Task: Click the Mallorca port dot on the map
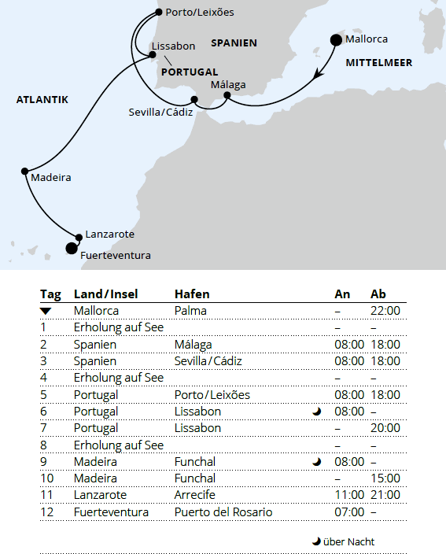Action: pyautogui.click(x=336, y=39)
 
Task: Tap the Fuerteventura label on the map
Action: pyautogui.click(x=116, y=255)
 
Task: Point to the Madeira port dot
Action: pyautogui.click(x=25, y=170)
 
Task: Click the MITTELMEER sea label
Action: pyautogui.click(x=378, y=61)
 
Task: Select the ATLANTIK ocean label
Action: pyautogui.click(x=42, y=100)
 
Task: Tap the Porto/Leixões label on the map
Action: pyautogui.click(x=200, y=13)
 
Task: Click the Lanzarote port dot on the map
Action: pyautogui.click(x=78, y=237)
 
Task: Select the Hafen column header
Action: pyautogui.click(x=192, y=294)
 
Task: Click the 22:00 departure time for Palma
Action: pyautogui.click(x=385, y=311)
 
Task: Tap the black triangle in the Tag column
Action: pyautogui.click(x=46, y=312)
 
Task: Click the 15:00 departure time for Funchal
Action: pyautogui.click(x=385, y=478)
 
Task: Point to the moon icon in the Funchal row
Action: pyautogui.click(x=317, y=462)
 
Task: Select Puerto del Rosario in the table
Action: pyautogui.click(x=223, y=512)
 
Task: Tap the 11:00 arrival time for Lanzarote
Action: pyautogui.click(x=349, y=495)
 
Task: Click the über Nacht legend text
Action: pyautogui.click(x=348, y=541)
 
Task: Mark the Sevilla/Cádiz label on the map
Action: pyautogui.click(x=160, y=113)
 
